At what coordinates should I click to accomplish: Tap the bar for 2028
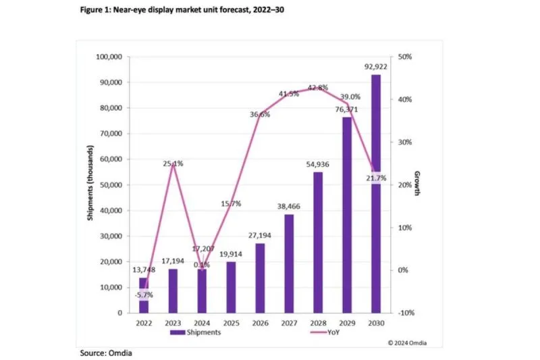coord(317,242)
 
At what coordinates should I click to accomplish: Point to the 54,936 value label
coord(317,165)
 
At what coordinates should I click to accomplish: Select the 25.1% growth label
coord(172,163)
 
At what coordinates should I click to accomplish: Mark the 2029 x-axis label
coord(346,323)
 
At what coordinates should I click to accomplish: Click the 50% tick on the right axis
coord(404,57)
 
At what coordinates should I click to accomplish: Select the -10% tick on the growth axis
coord(405,313)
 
